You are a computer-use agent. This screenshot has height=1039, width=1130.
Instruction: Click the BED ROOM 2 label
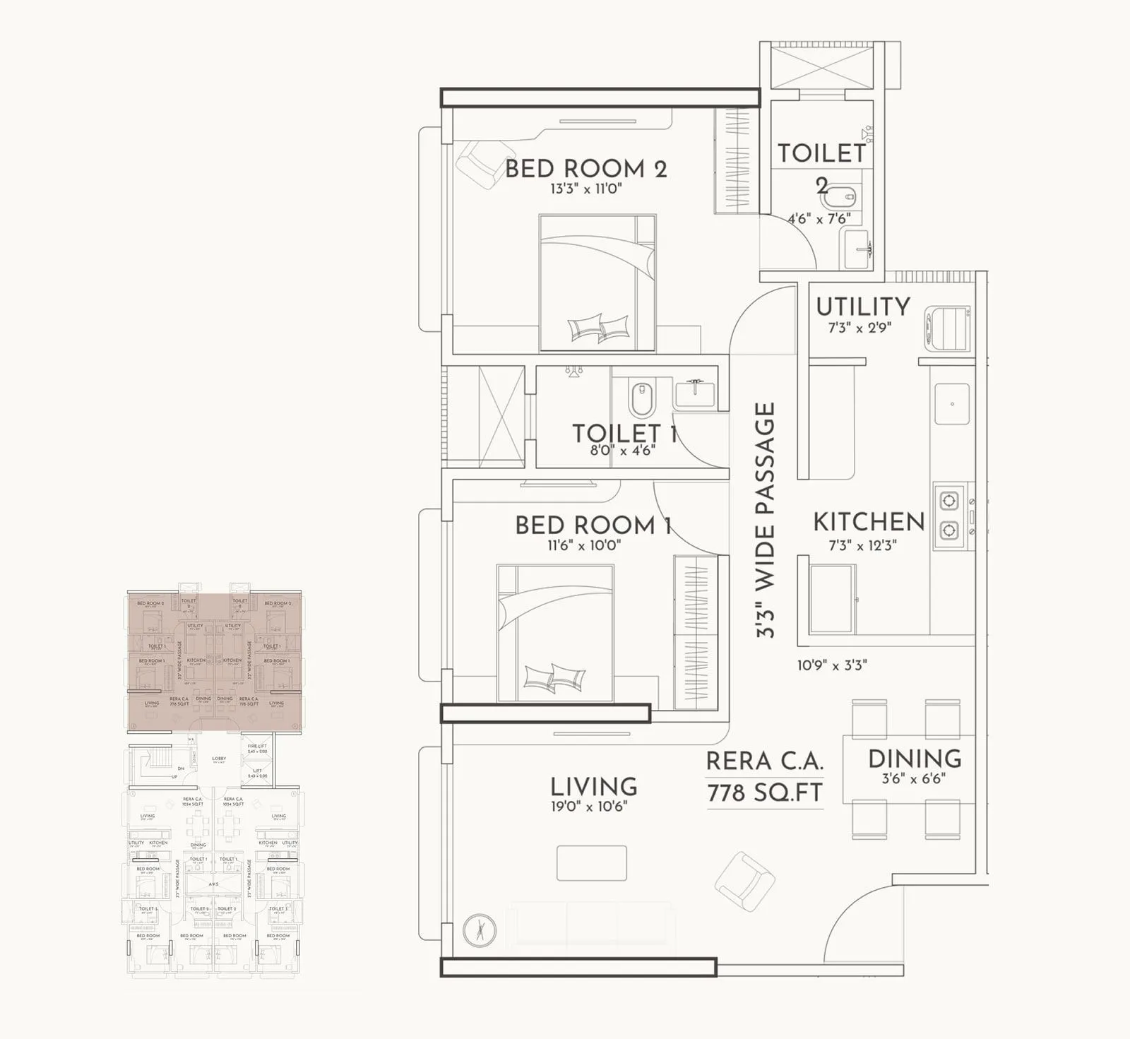(x=585, y=169)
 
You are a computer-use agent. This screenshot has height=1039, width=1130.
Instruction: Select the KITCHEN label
(x=869, y=522)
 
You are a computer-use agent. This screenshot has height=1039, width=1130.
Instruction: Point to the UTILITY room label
(x=862, y=307)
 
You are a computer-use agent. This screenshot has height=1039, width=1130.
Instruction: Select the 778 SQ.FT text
(x=765, y=793)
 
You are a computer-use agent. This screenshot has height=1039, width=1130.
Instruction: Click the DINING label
(x=915, y=759)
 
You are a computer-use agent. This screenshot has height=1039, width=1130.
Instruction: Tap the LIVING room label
(x=593, y=786)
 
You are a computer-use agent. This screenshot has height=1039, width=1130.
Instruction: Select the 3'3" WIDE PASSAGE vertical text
(x=766, y=521)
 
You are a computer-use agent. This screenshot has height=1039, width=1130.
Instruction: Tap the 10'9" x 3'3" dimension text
(x=831, y=665)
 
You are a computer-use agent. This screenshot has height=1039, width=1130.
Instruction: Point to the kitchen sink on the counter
(x=952, y=404)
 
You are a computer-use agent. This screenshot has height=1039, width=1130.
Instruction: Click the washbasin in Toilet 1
(x=695, y=393)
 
